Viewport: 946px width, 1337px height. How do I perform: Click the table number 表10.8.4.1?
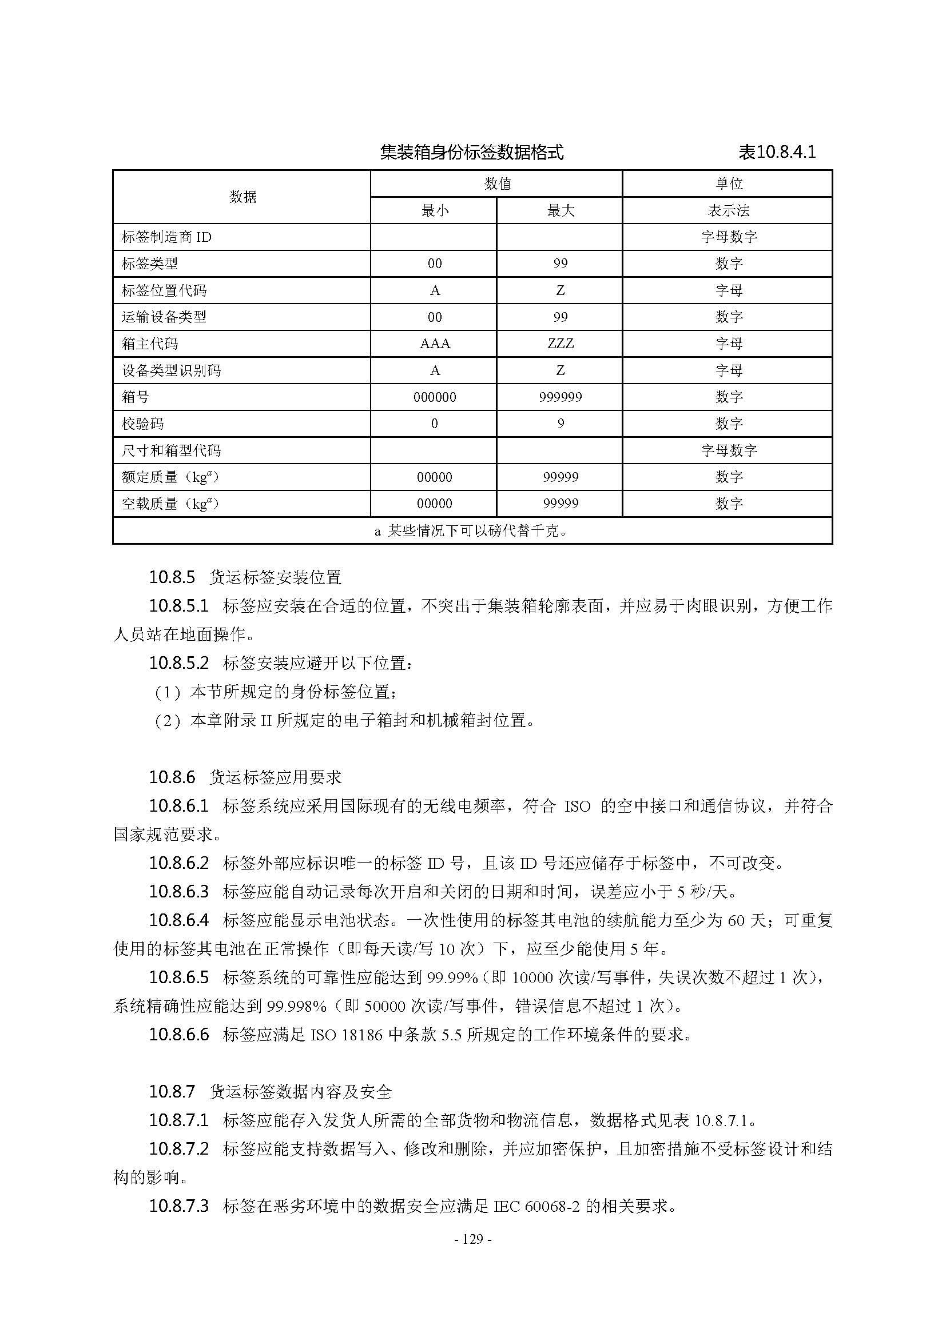coord(777,153)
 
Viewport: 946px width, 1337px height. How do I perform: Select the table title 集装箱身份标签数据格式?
coord(471,153)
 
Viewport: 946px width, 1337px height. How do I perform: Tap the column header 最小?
coord(435,210)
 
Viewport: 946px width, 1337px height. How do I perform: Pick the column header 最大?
coord(561,210)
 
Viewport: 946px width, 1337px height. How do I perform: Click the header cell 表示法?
coord(728,210)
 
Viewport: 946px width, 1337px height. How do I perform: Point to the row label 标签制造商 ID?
coord(166,237)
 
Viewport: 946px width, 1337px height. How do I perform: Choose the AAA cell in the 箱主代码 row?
coord(435,344)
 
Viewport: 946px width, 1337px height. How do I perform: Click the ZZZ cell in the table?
coord(561,344)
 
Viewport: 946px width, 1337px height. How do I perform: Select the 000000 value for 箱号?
coord(435,397)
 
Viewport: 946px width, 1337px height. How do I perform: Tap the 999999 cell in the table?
coord(561,397)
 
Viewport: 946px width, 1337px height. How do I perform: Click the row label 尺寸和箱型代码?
coord(171,450)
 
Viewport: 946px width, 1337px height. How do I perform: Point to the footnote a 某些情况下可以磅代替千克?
coord(471,531)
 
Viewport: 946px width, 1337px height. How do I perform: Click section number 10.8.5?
coord(172,578)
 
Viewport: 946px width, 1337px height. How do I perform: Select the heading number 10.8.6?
coord(172,777)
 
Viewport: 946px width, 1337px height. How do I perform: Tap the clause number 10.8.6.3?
coord(179,892)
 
